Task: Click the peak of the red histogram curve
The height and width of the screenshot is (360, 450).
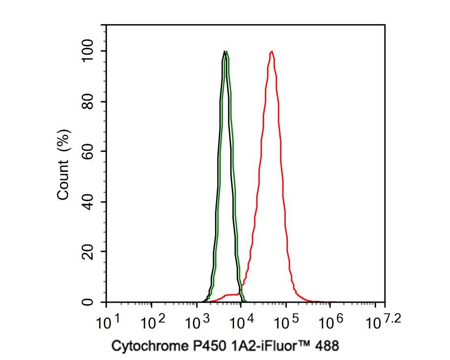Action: point(272,51)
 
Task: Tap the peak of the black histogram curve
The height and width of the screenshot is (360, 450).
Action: point(224,51)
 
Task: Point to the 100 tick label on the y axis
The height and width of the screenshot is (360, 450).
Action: point(88,51)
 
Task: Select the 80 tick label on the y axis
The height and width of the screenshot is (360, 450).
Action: point(88,102)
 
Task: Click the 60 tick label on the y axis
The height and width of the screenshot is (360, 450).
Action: point(88,151)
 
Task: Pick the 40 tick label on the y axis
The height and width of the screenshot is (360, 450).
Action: point(88,202)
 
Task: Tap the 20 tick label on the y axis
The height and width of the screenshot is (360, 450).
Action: point(88,252)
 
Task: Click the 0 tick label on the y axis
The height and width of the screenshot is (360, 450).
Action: point(88,302)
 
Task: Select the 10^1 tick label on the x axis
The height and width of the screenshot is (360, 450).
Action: point(107,323)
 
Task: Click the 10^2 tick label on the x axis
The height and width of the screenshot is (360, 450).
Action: point(152,323)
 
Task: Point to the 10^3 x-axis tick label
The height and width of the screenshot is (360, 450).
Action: point(197,323)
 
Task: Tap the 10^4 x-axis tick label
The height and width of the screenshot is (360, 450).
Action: point(242,323)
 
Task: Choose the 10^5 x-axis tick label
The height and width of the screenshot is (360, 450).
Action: point(286,323)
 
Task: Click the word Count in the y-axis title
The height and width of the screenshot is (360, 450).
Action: point(63,181)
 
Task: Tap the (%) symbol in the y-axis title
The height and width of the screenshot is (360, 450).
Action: point(63,143)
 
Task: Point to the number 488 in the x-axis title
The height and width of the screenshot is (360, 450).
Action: point(327,346)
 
